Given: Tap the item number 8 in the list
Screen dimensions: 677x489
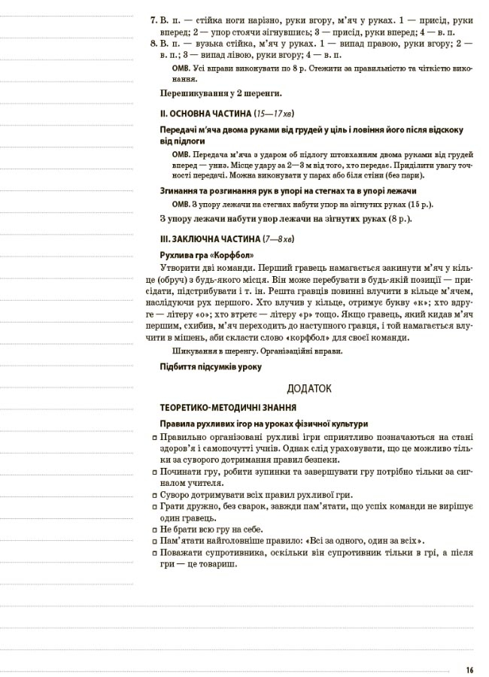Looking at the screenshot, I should point(152,44).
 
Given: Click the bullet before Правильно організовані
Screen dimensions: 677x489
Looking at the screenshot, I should point(153,438).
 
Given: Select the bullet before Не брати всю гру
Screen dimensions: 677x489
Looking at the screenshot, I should point(153,529).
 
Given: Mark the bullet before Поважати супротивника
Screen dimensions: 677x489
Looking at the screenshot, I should point(153,553).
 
